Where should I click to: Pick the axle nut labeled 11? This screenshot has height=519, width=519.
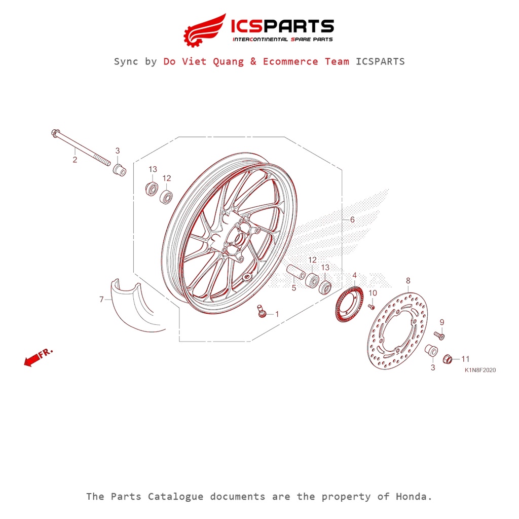[448, 359]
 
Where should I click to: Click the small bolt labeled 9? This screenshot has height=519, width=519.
[439, 335]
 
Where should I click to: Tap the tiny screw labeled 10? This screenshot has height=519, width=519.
[371, 306]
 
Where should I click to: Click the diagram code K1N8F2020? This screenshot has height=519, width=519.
[480, 370]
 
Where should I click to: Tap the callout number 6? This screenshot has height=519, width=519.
[353, 220]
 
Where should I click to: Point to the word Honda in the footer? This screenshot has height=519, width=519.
[415, 496]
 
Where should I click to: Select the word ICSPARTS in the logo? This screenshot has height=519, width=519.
[282, 26]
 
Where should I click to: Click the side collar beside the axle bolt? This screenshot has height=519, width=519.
[119, 169]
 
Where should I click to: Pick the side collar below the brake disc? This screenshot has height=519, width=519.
[431, 351]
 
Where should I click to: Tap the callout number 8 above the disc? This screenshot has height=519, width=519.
[409, 281]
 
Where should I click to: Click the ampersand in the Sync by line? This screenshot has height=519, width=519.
[253, 61]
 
